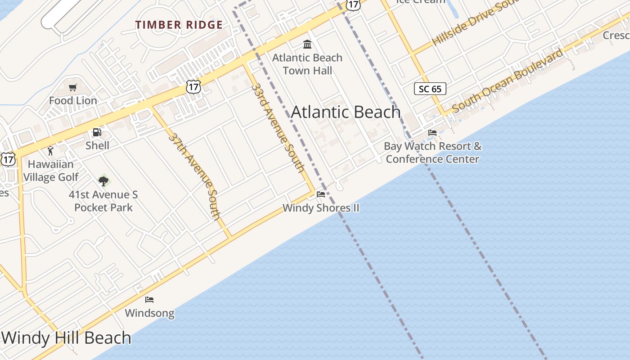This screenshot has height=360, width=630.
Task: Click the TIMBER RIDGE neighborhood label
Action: (x=179, y=25)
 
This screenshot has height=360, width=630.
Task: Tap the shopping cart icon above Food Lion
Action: (x=73, y=87)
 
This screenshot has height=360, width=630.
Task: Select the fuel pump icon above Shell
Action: (x=97, y=132)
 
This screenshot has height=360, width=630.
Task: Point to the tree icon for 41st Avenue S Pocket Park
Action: (x=103, y=181)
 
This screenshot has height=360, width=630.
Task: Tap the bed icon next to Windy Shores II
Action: (x=321, y=194)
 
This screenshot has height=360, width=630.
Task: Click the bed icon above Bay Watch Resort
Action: (x=432, y=133)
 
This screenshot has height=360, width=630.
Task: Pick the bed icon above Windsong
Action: (x=149, y=300)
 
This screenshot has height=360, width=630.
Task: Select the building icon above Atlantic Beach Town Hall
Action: (x=308, y=44)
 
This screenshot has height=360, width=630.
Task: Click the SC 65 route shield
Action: (x=430, y=89)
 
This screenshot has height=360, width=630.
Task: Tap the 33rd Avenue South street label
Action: (x=278, y=127)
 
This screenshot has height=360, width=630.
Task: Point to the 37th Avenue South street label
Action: (x=195, y=175)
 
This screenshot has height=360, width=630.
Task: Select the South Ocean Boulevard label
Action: (x=507, y=81)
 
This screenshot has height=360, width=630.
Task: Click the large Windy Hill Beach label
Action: (x=66, y=337)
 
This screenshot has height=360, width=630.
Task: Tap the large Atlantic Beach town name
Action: (x=346, y=112)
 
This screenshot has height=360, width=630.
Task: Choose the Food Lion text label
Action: (x=73, y=100)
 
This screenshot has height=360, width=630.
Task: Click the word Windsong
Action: (x=149, y=313)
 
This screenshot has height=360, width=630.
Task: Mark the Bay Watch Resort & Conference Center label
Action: (x=432, y=153)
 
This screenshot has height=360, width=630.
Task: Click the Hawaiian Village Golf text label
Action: (x=51, y=171)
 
